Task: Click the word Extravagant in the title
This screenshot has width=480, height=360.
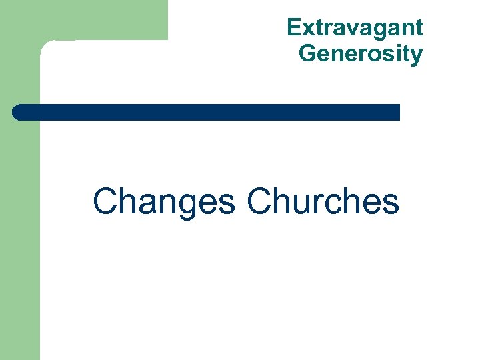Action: point(355,28)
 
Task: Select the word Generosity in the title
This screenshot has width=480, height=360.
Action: point(361,53)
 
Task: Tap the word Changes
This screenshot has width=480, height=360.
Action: point(164,201)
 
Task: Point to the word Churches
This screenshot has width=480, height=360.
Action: point(323,201)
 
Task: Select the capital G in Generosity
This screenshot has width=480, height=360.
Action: point(307,53)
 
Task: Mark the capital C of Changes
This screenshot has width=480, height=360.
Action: point(105,201)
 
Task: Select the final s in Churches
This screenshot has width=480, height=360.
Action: point(391,203)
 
